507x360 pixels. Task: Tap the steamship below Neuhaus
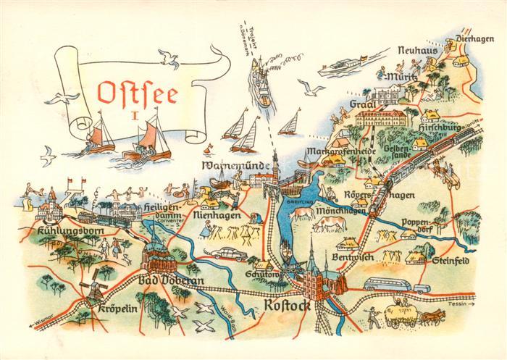click(x=341, y=66)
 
